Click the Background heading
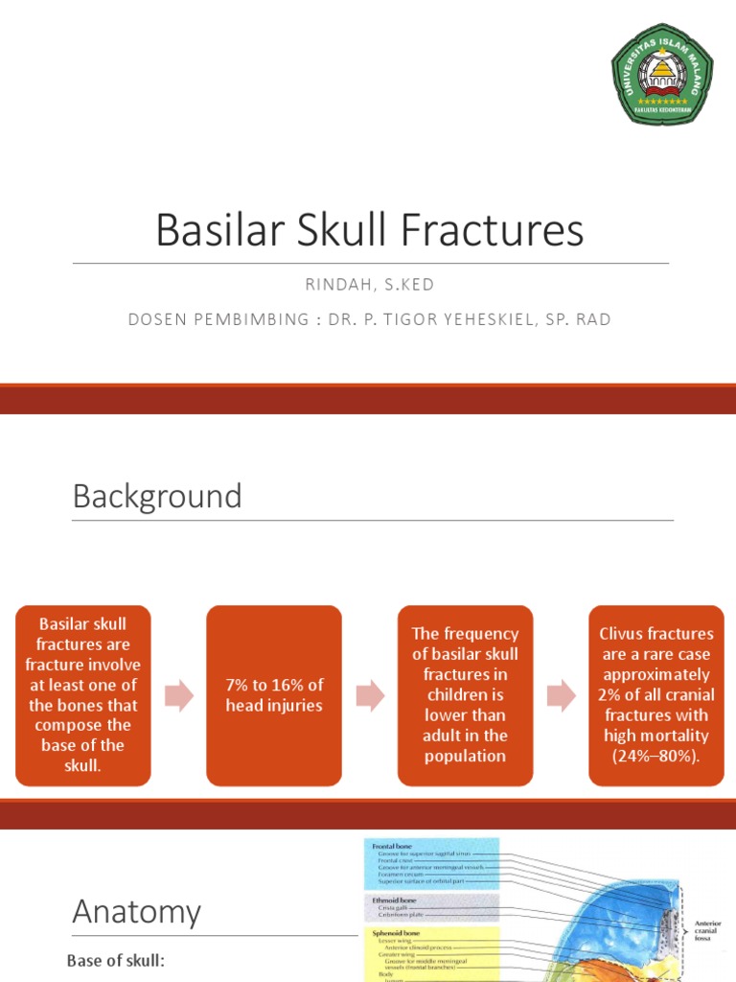157,497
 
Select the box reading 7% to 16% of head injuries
274,695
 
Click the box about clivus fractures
656,695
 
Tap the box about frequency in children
465,695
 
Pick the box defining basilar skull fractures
83,695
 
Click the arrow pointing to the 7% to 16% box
179,696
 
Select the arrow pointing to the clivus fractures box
562,696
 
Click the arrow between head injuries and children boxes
370,696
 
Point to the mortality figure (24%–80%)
656,756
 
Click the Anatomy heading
137,912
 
